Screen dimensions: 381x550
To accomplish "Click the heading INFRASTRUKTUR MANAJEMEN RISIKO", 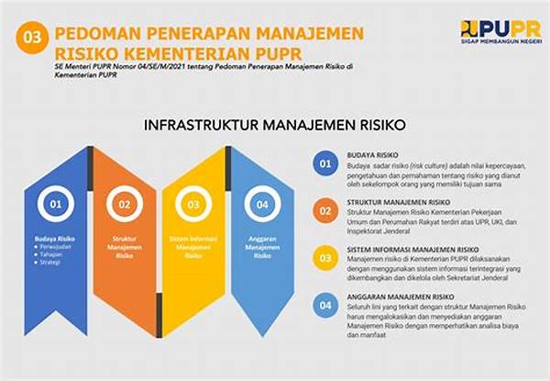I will (276, 125).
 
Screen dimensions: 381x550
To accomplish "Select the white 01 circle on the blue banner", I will (55, 204).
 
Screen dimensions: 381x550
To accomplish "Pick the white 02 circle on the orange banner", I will (124, 204).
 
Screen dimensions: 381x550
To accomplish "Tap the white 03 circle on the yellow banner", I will (193, 204).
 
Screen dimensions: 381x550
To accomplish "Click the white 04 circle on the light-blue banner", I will (262, 204).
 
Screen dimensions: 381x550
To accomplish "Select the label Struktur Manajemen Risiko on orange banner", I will (124, 247).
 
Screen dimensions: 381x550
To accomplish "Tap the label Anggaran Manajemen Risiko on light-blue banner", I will (262, 247).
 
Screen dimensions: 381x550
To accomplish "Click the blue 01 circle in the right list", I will (324, 164).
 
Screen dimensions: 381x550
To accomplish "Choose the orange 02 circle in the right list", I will (324, 211).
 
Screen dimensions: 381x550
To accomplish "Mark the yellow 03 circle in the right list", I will (324, 258).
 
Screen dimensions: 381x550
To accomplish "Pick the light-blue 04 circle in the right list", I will (324, 306).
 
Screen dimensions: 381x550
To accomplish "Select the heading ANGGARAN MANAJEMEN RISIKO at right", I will (400, 297).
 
